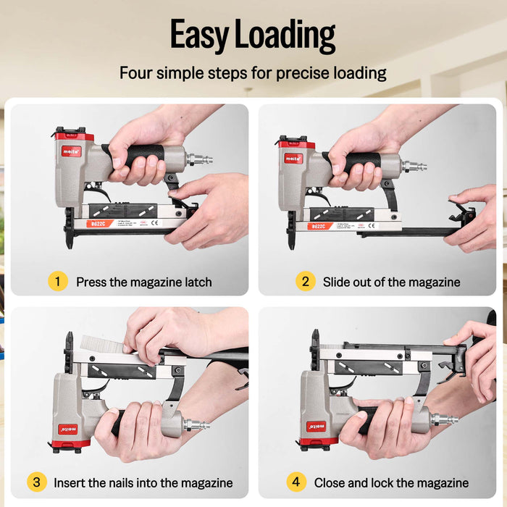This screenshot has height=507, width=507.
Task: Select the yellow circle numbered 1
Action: point(57,281)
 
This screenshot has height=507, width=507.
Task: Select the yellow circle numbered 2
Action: point(305,281)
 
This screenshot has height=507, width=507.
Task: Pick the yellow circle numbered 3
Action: point(35,482)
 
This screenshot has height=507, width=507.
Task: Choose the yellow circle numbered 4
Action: point(296,482)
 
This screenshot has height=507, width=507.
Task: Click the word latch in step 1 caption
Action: point(195,282)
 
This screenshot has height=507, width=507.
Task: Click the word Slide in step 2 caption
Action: point(338,282)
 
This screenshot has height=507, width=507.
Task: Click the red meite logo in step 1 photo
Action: point(71,151)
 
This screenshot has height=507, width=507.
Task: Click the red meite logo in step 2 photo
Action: point(293,157)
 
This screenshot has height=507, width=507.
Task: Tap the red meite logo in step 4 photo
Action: point(316,427)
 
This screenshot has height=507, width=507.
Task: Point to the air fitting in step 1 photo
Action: point(198,159)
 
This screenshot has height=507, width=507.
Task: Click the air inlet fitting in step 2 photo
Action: point(416,166)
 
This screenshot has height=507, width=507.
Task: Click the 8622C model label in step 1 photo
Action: point(97,224)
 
